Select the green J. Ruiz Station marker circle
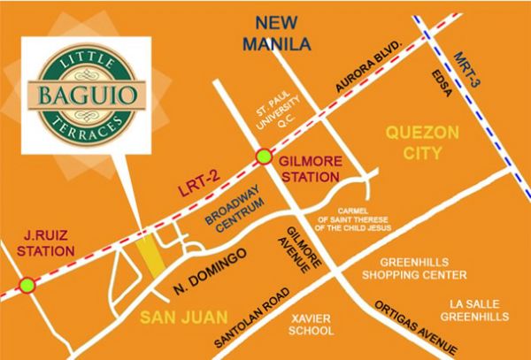[28, 285]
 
